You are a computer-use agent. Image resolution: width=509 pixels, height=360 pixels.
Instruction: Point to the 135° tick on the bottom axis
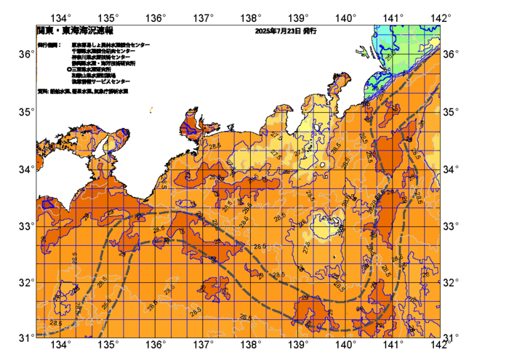tap(108, 344)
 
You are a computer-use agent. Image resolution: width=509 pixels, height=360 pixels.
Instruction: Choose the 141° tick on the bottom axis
tap(393, 344)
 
